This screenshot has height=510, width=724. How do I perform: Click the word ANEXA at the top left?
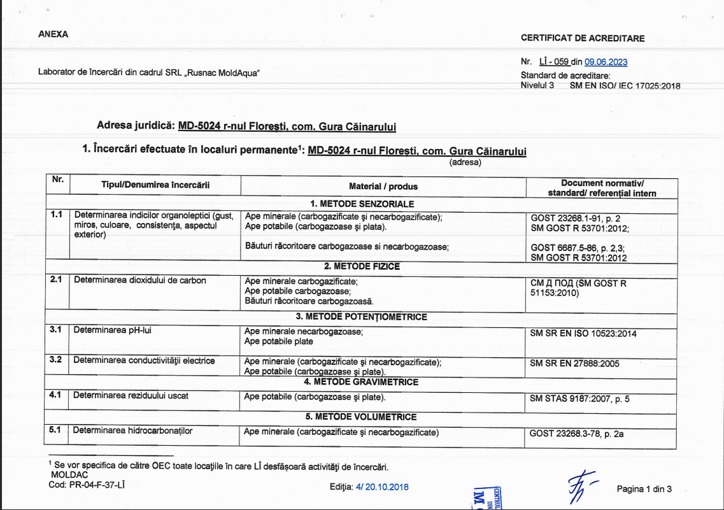(53, 34)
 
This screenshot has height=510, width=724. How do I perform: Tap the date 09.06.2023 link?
(606, 62)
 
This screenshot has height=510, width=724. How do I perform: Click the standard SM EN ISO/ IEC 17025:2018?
(625, 85)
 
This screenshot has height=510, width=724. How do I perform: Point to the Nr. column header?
(58, 180)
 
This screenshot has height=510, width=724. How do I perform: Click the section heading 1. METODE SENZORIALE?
(362, 204)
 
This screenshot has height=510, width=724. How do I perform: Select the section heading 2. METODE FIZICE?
(362, 266)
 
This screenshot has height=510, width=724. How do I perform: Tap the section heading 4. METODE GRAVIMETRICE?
(361, 382)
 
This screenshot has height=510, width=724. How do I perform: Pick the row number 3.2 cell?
(56, 360)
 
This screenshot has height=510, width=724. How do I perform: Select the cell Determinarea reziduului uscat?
(131, 395)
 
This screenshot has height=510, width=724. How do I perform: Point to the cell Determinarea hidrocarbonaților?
(132, 430)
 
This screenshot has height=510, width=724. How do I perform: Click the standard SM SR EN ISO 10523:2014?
(583, 333)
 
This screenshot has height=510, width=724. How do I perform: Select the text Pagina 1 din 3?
(644, 489)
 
